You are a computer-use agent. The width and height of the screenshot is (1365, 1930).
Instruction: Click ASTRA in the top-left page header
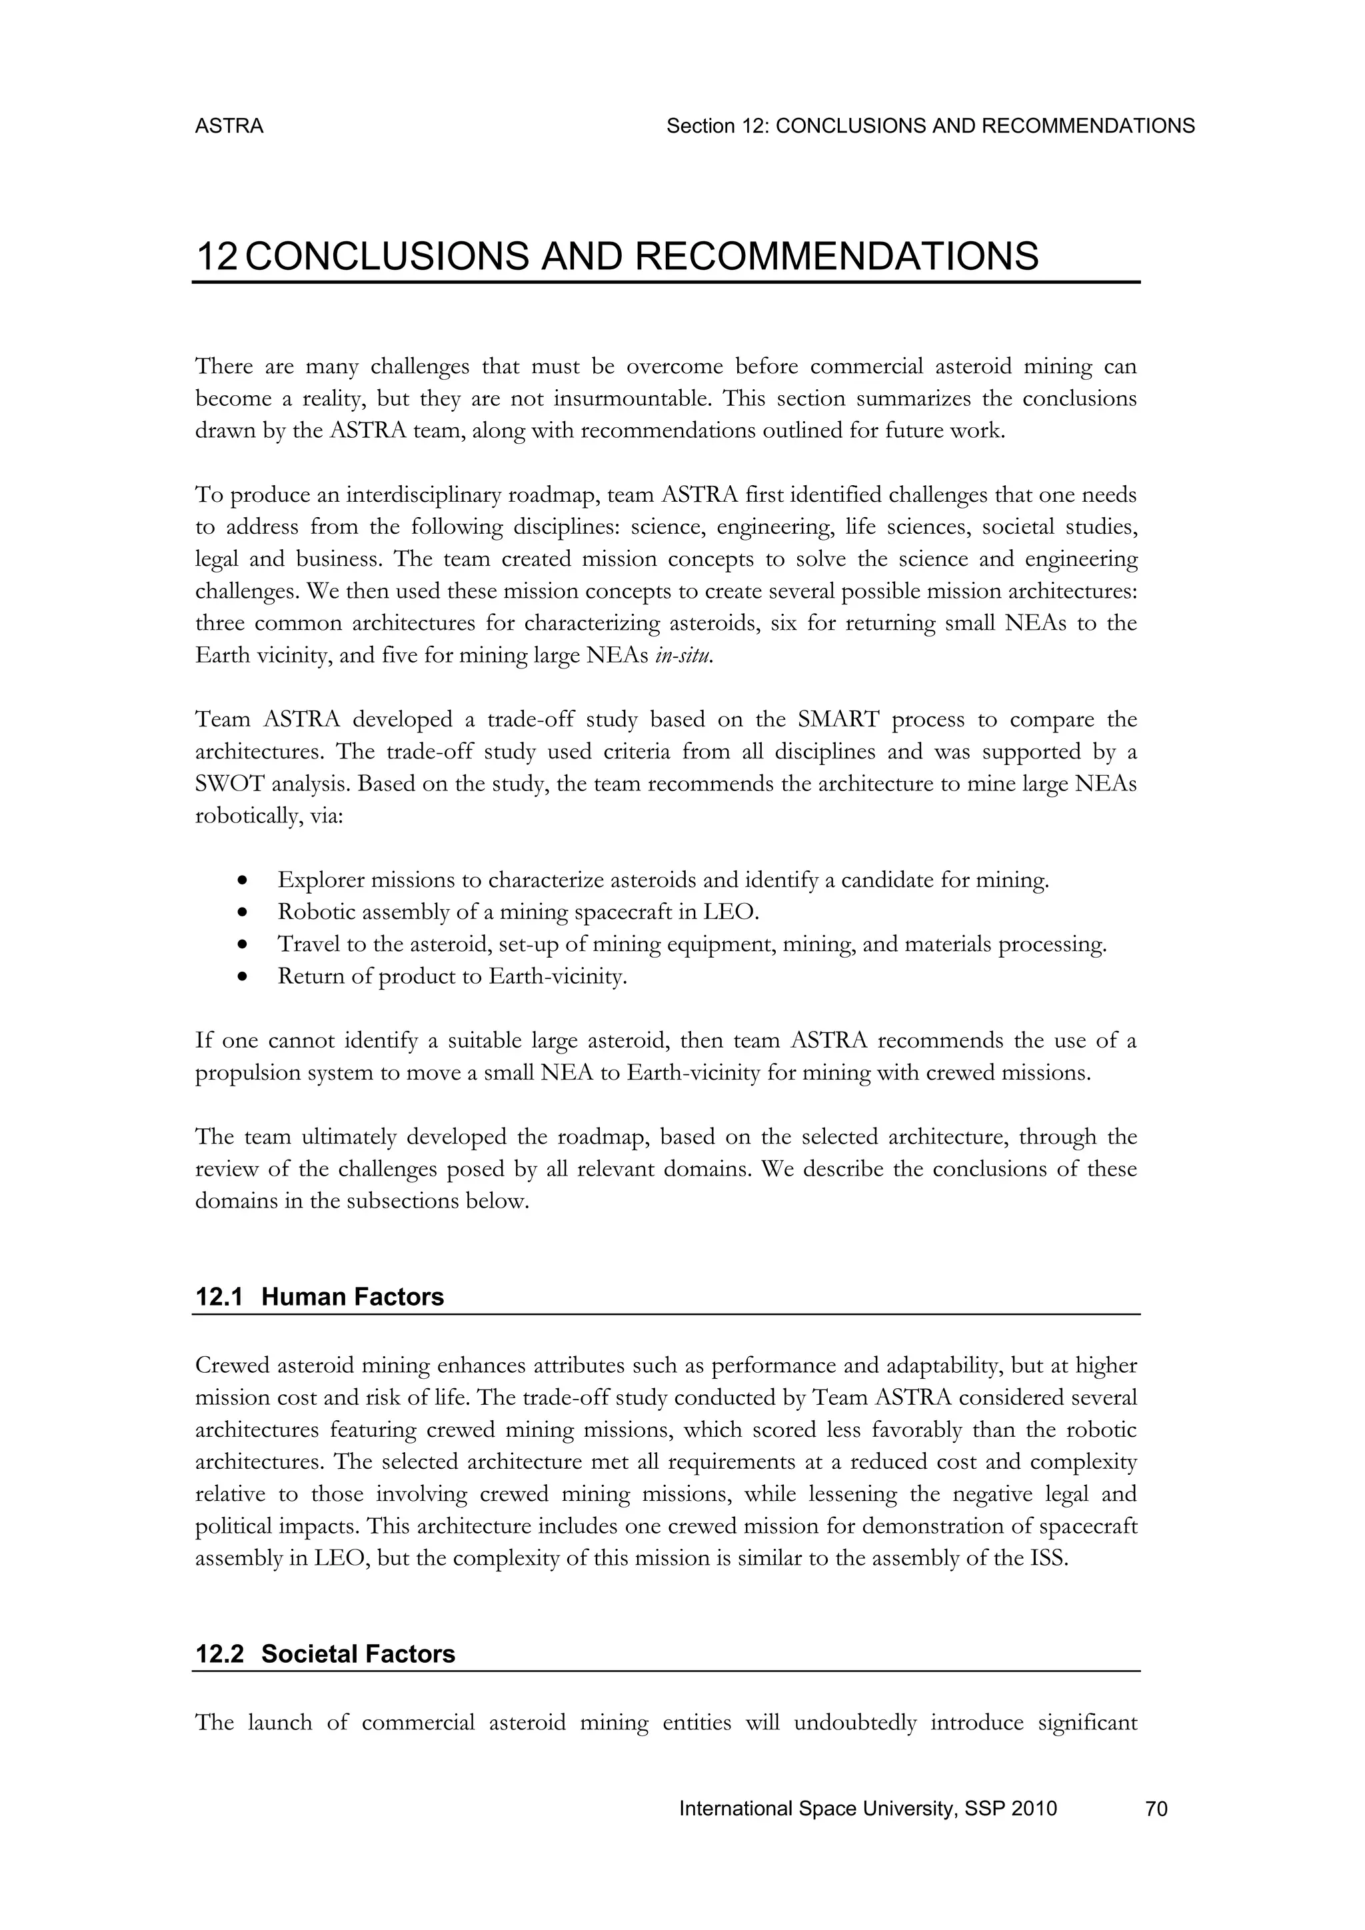(229, 126)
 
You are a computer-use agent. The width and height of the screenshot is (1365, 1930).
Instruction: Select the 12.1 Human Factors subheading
(319, 1296)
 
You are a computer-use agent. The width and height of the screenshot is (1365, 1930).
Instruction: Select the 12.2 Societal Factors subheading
(325, 1653)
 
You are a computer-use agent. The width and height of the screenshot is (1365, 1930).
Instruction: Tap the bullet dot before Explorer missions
(243, 881)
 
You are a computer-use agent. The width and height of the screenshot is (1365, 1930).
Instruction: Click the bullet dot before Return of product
(243, 978)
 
